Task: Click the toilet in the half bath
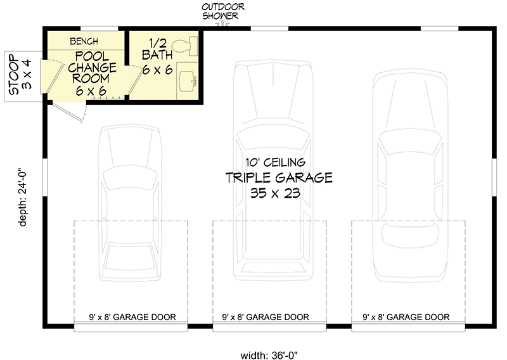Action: point(185,46)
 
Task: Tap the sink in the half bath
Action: point(188,80)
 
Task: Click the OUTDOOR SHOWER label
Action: point(222,11)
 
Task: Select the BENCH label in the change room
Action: point(84,41)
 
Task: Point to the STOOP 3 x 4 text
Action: point(20,74)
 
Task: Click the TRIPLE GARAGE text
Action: point(279,177)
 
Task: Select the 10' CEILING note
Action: point(275,162)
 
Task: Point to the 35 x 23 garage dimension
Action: point(275,193)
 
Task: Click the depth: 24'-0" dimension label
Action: point(22,198)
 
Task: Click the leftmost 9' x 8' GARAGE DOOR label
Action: point(132,317)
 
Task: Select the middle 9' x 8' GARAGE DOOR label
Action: point(266,317)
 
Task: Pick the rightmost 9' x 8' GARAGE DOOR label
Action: point(406,317)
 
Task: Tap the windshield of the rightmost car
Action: point(410,142)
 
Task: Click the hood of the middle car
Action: point(273,91)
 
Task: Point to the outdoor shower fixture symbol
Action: point(222,23)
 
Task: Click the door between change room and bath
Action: point(135,80)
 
